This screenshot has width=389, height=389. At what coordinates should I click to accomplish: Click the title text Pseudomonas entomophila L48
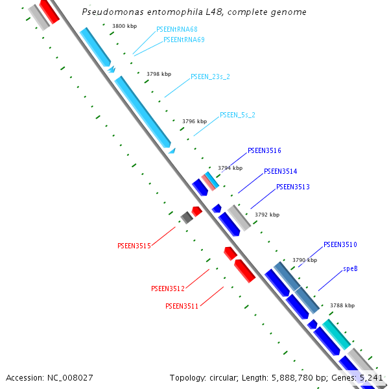click(x=194, y=12)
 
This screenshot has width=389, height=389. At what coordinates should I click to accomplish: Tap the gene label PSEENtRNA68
click(x=177, y=30)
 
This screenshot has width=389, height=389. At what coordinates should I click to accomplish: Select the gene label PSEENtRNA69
click(x=184, y=40)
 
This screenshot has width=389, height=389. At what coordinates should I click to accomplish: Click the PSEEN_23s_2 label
click(x=210, y=77)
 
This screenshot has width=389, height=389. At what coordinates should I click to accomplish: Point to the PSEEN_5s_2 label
click(x=237, y=115)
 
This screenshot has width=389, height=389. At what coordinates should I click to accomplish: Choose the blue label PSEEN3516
click(x=265, y=150)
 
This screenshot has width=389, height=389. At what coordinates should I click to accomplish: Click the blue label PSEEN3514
click(x=281, y=171)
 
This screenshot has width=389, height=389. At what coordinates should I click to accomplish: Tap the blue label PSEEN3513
click(x=293, y=187)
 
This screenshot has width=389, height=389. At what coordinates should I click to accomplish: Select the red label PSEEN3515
click(x=134, y=246)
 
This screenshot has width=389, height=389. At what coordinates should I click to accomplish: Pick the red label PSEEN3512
click(x=168, y=289)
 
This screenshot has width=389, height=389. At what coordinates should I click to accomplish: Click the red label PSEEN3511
click(x=182, y=305)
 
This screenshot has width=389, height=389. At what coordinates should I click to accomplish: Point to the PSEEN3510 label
click(x=340, y=244)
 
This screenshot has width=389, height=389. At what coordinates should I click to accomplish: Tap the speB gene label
click(x=350, y=268)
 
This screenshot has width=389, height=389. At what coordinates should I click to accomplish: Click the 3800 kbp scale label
click(x=124, y=26)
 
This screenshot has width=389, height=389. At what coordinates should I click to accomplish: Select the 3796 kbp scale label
click(x=194, y=121)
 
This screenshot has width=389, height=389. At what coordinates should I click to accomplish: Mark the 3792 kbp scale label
click(x=267, y=215)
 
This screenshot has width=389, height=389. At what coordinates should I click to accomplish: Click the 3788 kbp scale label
click(x=342, y=305)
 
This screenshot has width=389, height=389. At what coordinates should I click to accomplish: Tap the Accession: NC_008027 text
click(x=49, y=377)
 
